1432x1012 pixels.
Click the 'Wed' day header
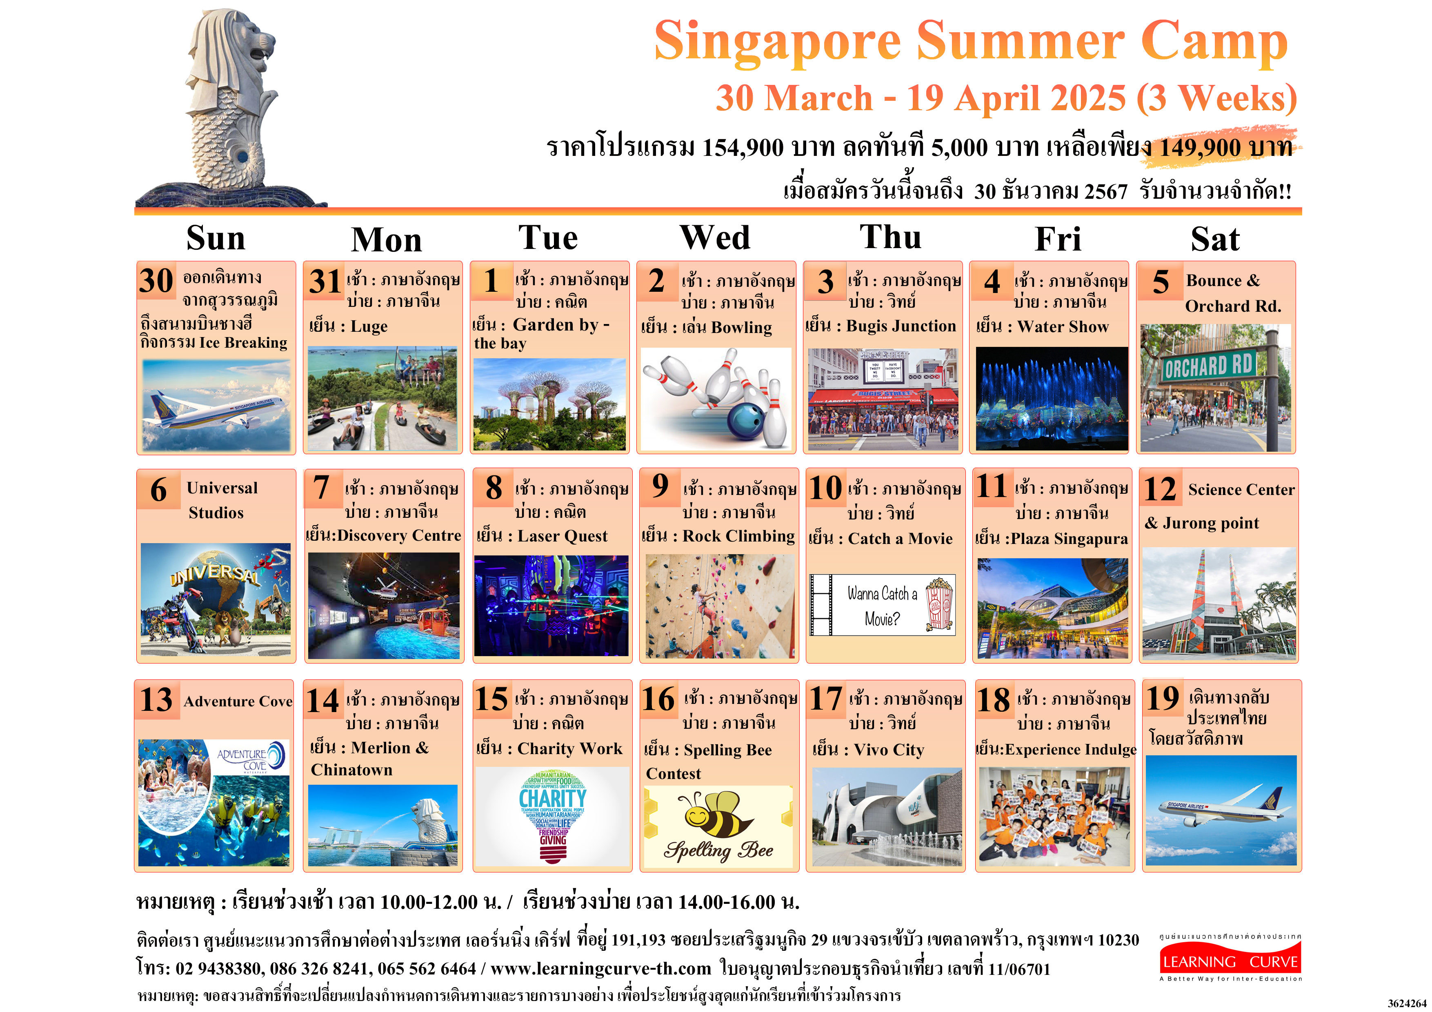pos(715,237)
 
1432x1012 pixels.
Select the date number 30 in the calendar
pos(156,281)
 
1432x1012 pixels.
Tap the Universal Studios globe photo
pos(216,599)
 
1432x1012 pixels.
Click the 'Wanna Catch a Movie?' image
pos(882,605)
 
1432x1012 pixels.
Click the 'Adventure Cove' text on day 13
pos(238,701)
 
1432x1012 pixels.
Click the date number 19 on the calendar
pos(1163,698)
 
